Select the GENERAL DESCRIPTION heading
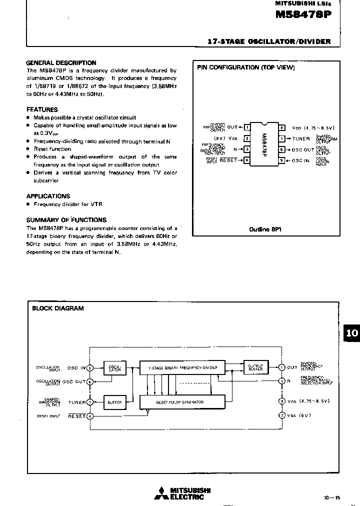point(61,63)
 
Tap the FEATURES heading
point(42,109)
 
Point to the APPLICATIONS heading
point(48,196)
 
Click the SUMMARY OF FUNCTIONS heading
point(66,219)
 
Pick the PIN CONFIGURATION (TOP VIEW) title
point(246,67)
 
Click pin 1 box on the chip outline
point(246,127)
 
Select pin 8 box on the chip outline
point(282,127)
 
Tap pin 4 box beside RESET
point(246,160)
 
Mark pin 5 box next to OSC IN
point(282,160)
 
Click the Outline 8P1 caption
point(263,229)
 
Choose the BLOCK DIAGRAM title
point(58,308)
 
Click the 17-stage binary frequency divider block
point(182,367)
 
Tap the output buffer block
point(255,367)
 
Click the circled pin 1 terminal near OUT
point(282,367)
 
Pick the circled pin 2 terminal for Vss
point(282,415)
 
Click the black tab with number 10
point(352,333)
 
